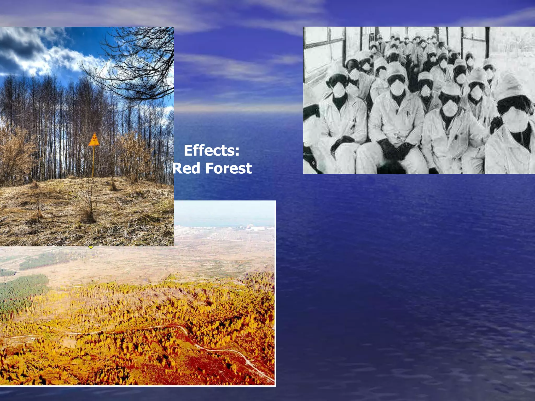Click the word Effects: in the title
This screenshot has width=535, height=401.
(x=212, y=151)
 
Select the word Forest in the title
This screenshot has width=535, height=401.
(x=229, y=168)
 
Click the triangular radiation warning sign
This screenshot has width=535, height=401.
(x=94, y=140)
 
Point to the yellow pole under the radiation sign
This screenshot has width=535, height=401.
(x=93, y=162)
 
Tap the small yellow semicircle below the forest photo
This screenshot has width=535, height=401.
(x=91, y=247)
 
